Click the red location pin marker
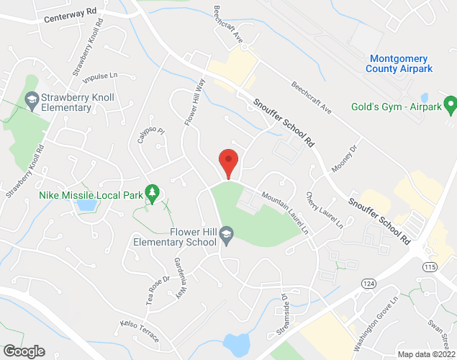tap(228, 162)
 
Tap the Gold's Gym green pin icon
tap(451, 107)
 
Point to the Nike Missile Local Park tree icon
tap(152, 192)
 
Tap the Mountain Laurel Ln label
tap(284, 212)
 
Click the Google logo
tap(24, 351)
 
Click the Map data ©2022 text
tap(426, 354)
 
